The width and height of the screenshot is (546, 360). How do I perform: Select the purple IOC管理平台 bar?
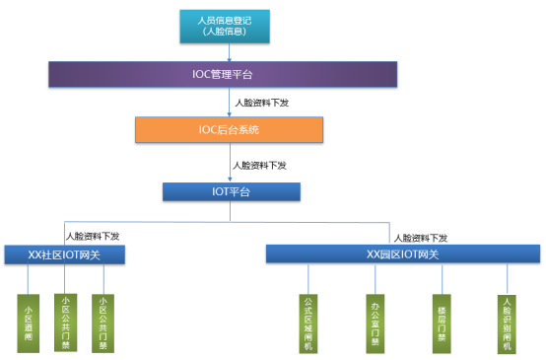coord(224,73)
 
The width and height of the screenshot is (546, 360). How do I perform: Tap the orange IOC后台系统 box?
coord(224,129)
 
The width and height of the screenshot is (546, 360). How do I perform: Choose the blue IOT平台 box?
coord(224,189)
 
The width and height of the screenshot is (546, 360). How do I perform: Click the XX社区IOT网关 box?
coord(65,254)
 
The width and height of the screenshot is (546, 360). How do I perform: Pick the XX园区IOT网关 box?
coord(402,254)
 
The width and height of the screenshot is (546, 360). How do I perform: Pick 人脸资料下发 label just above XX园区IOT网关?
coord(420,237)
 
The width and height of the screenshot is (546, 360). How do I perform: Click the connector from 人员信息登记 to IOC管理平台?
coord(224,53)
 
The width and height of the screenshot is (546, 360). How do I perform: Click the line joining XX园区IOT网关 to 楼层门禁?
coord(441,278)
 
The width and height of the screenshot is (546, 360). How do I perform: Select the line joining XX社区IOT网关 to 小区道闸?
coord(29,278)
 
